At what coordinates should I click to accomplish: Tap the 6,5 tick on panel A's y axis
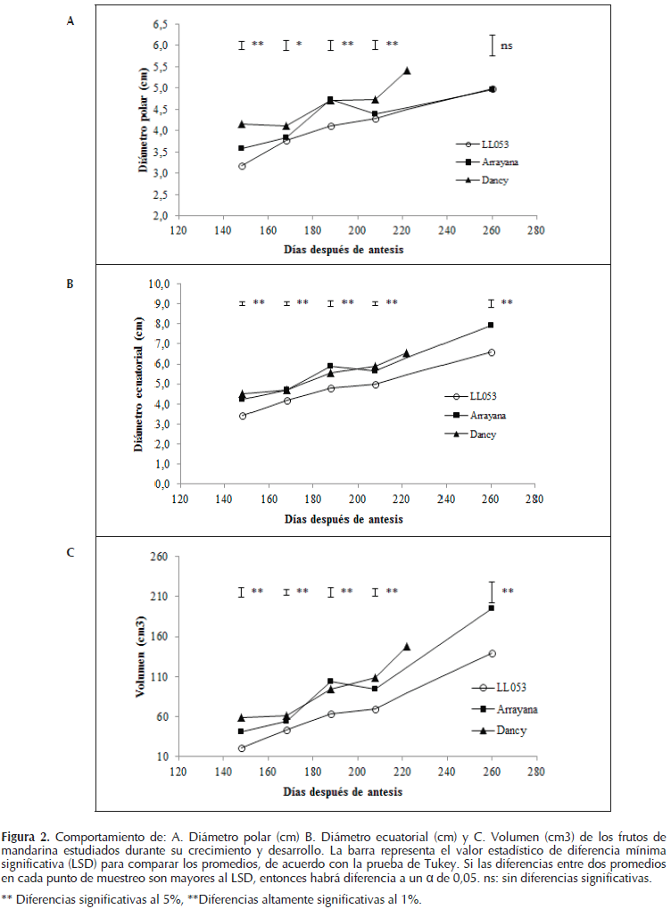[x=161, y=23]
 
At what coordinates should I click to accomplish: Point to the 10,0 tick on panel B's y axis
[x=158, y=284]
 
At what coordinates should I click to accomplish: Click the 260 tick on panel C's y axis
[x=161, y=557]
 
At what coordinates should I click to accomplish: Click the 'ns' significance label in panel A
[x=507, y=45]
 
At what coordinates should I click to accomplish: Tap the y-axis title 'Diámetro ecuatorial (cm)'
[x=141, y=384]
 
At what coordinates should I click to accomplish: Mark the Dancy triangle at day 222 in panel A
[x=407, y=70]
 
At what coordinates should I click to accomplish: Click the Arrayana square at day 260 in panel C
[x=492, y=608]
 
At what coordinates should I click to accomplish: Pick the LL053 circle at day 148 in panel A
[x=242, y=166]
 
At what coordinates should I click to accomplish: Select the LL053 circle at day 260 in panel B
[x=492, y=352]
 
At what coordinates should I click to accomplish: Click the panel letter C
[x=70, y=552]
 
